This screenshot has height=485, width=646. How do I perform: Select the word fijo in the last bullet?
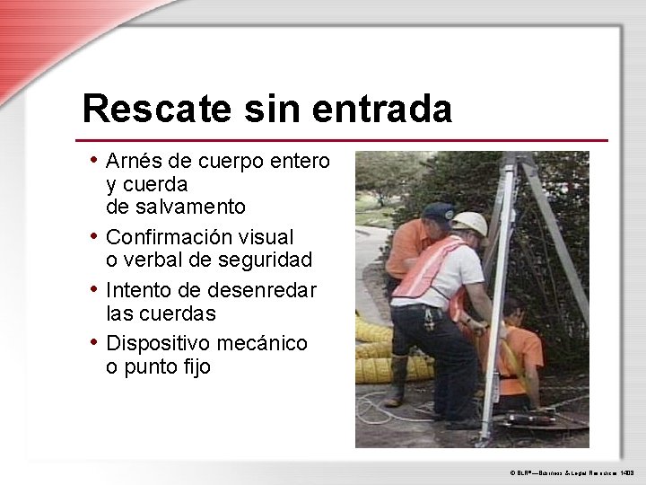point(193,366)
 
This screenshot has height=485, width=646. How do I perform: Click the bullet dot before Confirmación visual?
point(94,236)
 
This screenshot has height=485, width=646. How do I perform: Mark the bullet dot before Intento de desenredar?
point(94,290)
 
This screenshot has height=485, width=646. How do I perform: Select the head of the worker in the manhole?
point(513,310)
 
